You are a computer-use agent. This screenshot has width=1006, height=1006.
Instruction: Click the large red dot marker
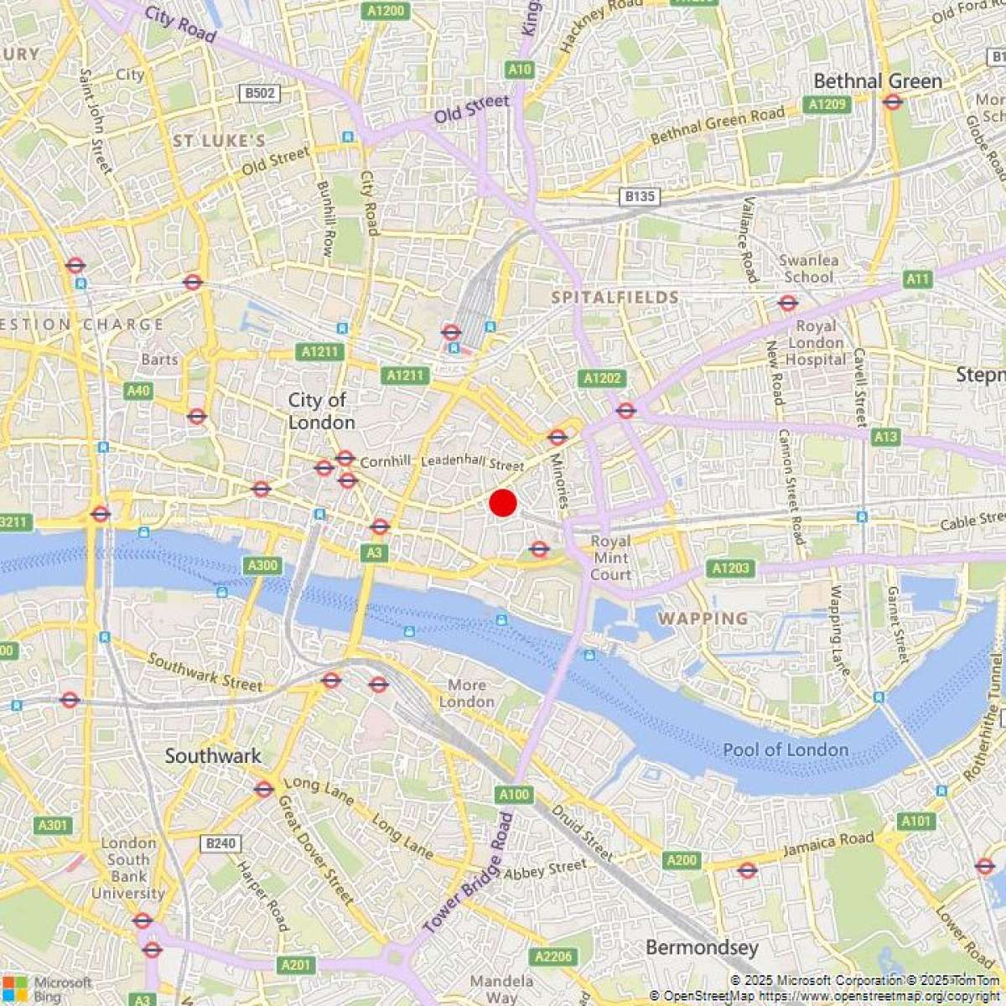[502, 503]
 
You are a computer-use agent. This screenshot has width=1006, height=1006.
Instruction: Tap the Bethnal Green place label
[878, 81]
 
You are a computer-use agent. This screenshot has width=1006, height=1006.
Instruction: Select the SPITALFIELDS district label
[615, 298]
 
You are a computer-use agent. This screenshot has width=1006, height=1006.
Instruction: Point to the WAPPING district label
[703, 619]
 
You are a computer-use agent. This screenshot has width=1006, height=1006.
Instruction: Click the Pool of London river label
[786, 749]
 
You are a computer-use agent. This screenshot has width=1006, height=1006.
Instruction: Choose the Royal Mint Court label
[610, 557]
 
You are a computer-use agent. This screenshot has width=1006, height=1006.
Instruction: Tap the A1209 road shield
[826, 105]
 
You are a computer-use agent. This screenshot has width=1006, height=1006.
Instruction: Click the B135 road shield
[640, 197]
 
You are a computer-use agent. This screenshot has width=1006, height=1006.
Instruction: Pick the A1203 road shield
[730, 568]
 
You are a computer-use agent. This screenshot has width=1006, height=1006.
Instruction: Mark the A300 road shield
[262, 566]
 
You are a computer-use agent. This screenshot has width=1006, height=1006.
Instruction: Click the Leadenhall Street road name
[472, 462]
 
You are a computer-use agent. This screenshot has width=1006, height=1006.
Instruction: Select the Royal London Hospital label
[816, 342]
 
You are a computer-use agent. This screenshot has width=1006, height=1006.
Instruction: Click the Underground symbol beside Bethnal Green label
[892, 102]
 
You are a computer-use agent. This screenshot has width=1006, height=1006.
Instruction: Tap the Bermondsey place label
[702, 948]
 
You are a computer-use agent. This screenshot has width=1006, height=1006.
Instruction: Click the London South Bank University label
[128, 868]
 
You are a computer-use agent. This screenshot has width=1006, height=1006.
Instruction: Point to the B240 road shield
[220, 843]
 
